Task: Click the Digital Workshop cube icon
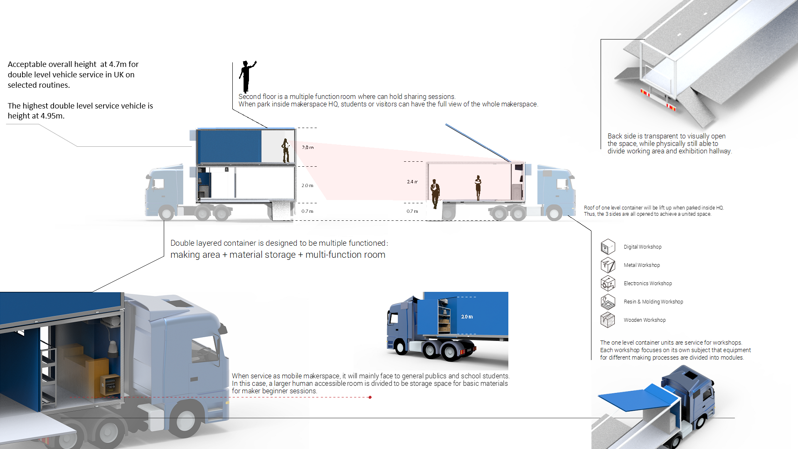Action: click(x=608, y=247)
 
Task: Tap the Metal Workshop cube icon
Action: click(x=608, y=265)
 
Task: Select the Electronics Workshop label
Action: click(x=648, y=284)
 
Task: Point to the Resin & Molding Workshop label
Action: click(x=653, y=302)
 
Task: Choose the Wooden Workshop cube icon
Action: click(x=608, y=320)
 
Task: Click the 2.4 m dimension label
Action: click(x=412, y=182)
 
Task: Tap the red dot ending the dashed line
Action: click(x=370, y=397)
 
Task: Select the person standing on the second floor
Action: click(x=286, y=150)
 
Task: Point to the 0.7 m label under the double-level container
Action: click(x=308, y=211)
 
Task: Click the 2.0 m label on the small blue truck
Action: click(x=467, y=317)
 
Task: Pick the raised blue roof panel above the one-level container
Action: click(x=478, y=142)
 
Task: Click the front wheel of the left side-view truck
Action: click(x=166, y=213)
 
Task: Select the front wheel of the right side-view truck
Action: click(x=554, y=213)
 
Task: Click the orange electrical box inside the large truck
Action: click(x=110, y=385)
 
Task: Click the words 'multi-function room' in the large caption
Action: click(x=345, y=255)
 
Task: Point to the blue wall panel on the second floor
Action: click(x=229, y=146)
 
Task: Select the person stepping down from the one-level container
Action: click(x=435, y=194)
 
